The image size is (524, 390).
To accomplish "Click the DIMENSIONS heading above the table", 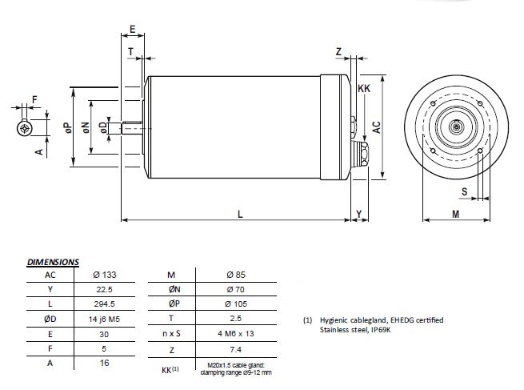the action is [x=53, y=262].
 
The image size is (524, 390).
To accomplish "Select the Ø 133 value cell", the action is [x=105, y=275].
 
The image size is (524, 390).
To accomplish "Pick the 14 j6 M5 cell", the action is [x=104, y=319].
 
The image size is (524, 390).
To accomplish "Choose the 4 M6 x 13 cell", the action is [x=235, y=333].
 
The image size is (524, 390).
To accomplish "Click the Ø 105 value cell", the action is [x=236, y=304].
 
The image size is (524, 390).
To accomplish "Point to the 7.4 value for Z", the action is [x=235, y=349].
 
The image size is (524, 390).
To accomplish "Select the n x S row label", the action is [x=171, y=333].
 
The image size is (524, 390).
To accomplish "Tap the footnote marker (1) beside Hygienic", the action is [x=307, y=320].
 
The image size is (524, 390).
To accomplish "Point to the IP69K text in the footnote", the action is [x=381, y=330].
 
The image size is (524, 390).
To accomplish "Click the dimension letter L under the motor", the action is [x=240, y=214].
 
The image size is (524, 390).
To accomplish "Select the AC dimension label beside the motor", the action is [x=377, y=127].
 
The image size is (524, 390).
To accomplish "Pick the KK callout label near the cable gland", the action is [x=364, y=88].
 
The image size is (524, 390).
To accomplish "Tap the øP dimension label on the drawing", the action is [x=68, y=127].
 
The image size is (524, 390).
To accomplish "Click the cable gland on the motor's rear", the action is [x=361, y=155].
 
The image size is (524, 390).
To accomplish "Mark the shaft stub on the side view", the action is [x=132, y=128].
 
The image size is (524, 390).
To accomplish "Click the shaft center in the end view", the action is [x=455, y=127].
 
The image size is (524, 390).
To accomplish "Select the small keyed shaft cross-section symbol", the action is [x=25, y=128].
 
